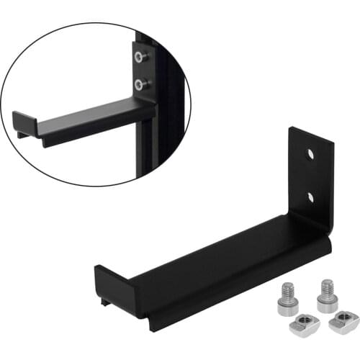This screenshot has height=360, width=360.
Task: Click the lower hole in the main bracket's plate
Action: pyautogui.click(x=310, y=196)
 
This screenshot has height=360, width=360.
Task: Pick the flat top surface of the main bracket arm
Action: pyautogui.click(x=216, y=256)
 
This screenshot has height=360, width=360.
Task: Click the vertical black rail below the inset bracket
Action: pyautogui.click(x=148, y=148)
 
